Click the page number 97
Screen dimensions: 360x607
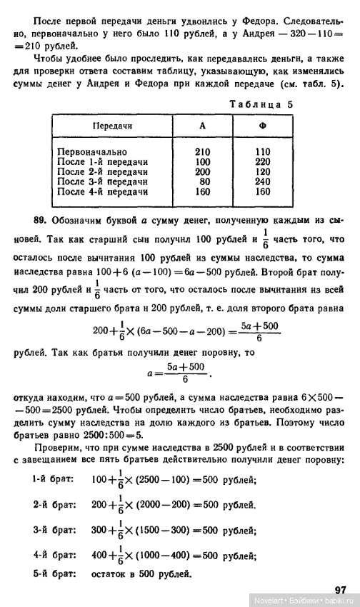point(340,590)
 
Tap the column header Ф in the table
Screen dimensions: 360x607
point(262,126)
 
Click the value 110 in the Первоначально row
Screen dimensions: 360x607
point(263,152)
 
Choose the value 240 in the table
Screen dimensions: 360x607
point(263,182)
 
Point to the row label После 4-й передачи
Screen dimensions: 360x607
point(102,192)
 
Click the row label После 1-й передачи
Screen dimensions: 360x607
point(102,162)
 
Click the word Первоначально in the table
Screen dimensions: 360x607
point(92,152)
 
